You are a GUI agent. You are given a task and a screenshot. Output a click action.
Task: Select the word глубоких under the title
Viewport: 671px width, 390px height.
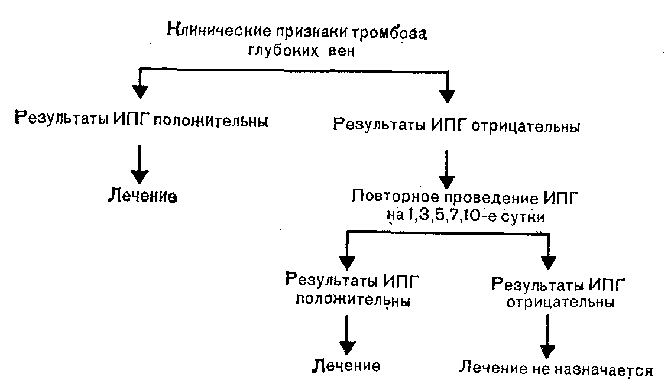[283, 50]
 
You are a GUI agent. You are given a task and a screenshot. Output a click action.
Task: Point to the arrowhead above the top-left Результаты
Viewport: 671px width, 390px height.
[140, 92]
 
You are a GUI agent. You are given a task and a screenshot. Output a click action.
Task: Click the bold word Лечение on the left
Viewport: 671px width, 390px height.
[142, 196]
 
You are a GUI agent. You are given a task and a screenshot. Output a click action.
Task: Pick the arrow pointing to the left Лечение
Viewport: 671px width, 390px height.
[140, 165]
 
